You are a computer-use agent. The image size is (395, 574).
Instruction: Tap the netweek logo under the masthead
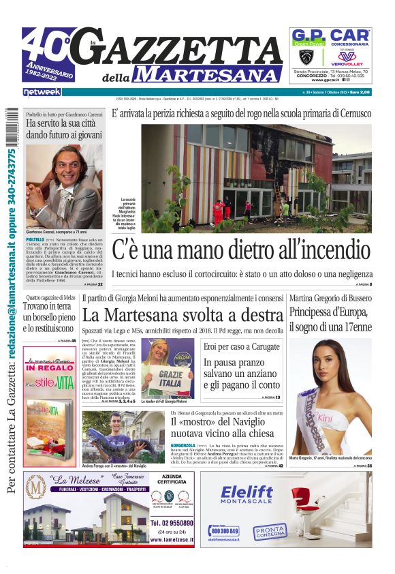tap(42, 91)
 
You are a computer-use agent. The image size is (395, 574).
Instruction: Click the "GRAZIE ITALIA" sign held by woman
tap(165, 378)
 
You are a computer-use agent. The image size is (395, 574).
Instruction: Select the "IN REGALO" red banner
tap(50, 366)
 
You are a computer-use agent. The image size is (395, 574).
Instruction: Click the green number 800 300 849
tap(225, 530)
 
